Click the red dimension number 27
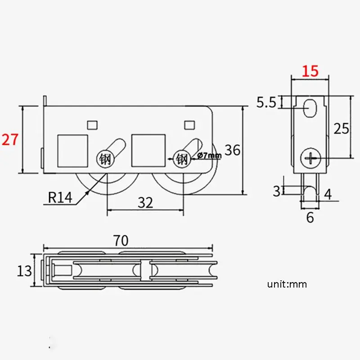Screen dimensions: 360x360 9,139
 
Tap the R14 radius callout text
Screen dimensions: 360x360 60,197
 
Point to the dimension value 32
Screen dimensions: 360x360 145,202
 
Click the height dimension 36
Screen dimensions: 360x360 232,150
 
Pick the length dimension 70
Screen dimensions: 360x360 121,240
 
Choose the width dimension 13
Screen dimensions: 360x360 24,271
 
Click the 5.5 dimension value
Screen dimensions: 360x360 266,102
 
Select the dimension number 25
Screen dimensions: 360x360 342,128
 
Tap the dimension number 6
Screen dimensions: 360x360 310,217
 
